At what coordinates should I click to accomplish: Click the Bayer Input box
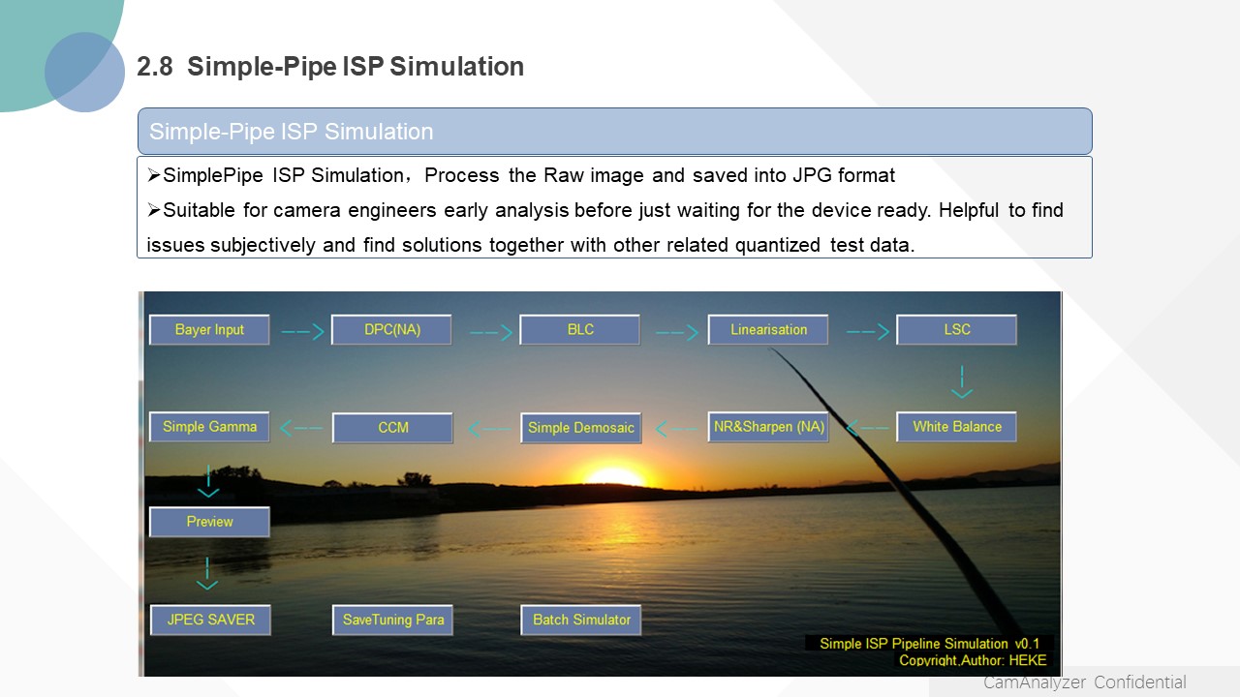pyautogui.click(x=209, y=330)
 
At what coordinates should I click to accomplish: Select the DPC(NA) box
pyautogui.click(x=391, y=330)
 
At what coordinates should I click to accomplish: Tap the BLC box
pyautogui.click(x=579, y=330)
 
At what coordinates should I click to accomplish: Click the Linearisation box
pyautogui.click(x=768, y=330)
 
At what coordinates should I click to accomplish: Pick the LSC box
pyautogui.click(x=956, y=330)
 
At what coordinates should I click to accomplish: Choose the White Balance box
pyautogui.click(x=956, y=427)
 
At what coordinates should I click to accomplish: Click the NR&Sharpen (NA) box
pyautogui.click(x=768, y=427)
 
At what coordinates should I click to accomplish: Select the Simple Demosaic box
pyautogui.click(x=580, y=428)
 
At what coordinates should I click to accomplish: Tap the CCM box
pyautogui.click(x=392, y=428)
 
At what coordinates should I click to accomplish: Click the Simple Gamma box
pyautogui.click(x=209, y=427)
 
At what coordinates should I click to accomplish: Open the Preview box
pyautogui.click(x=209, y=522)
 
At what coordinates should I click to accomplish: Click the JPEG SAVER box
pyautogui.click(x=210, y=620)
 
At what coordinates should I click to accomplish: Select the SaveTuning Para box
pyautogui.click(x=392, y=620)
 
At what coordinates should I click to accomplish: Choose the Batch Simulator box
pyautogui.click(x=580, y=620)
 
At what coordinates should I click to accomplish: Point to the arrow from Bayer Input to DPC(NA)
pyautogui.click(x=302, y=332)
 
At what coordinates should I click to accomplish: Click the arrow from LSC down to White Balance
pyautogui.click(x=962, y=381)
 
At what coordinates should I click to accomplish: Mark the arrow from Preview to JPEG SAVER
pyautogui.click(x=207, y=573)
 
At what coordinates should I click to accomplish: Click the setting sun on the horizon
pyautogui.click(x=613, y=476)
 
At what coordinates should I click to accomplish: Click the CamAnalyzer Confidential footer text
pyautogui.click(x=1084, y=682)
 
